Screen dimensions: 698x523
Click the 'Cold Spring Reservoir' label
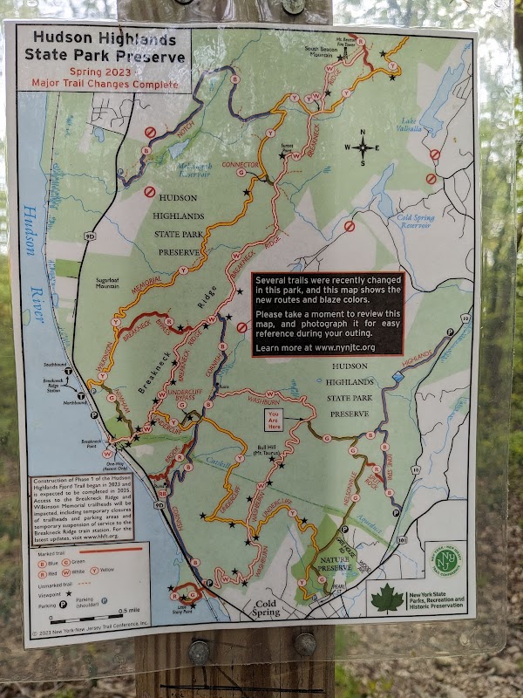click(414, 222)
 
